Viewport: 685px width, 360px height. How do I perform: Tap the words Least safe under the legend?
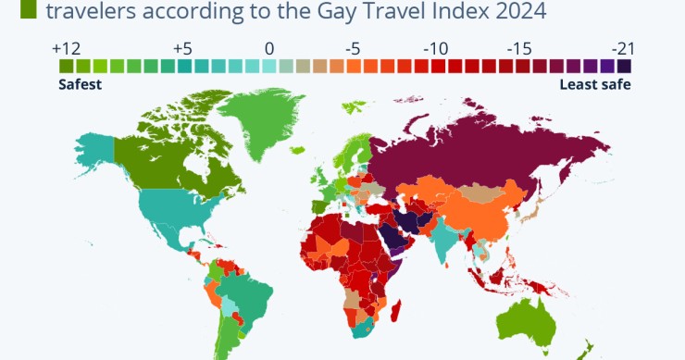click(x=595, y=84)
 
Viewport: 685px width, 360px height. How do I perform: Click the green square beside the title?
click(x=28, y=10)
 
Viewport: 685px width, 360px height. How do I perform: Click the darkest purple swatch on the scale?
click(x=624, y=67)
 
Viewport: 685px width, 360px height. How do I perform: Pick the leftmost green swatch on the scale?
click(x=67, y=67)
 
